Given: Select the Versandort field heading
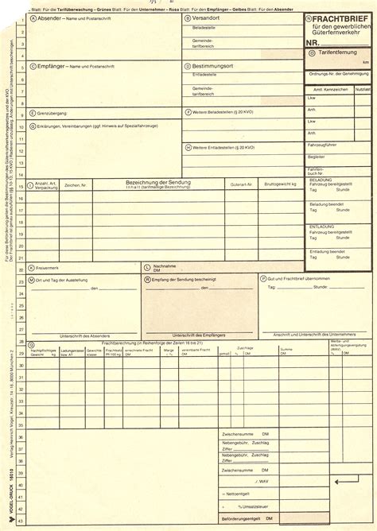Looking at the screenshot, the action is click(209, 17).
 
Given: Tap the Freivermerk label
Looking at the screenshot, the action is click(49, 268).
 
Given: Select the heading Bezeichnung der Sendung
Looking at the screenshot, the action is click(157, 181).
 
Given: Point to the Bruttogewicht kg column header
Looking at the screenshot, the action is click(279, 184).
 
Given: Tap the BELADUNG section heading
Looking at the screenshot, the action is click(321, 180).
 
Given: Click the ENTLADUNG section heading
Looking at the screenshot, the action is click(322, 225).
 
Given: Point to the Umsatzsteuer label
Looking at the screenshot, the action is click(255, 506).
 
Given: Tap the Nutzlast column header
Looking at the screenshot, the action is click(363, 89).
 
